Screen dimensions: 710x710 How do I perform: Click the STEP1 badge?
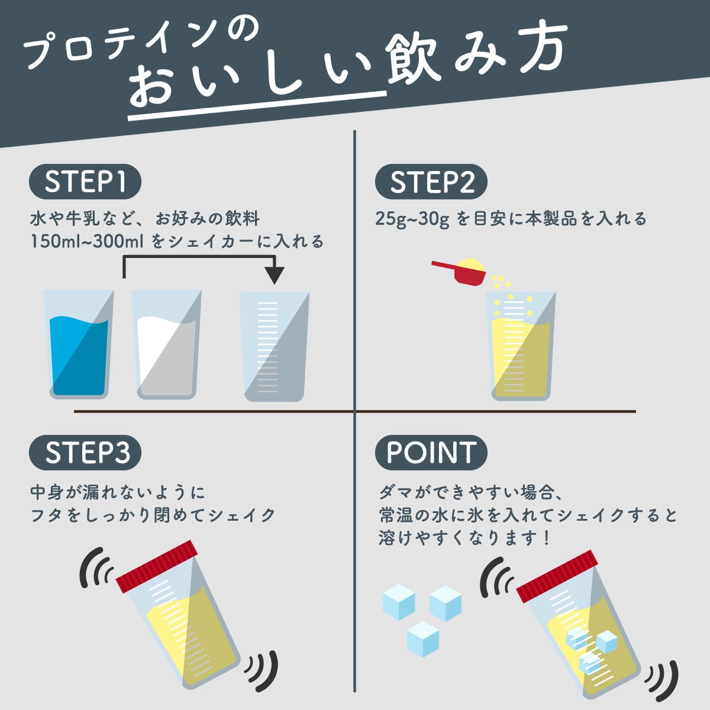(x=85, y=182)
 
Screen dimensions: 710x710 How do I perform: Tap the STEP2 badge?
(x=431, y=182)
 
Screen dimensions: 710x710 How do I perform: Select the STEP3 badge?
(x=85, y=453)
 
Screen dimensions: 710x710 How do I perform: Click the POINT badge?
(x=431, y=453)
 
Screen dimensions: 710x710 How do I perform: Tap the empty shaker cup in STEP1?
(x=274, y=349)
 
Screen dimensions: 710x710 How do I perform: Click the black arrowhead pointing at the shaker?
(x=274, y=275)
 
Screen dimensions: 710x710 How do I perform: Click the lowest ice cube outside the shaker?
(x=423, y=639)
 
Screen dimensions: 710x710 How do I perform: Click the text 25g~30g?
(x=412, y=219)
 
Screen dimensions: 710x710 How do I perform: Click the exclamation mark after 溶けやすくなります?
(x=546, y=538)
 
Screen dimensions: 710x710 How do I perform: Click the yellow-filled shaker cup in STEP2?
(x=521, y=349)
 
